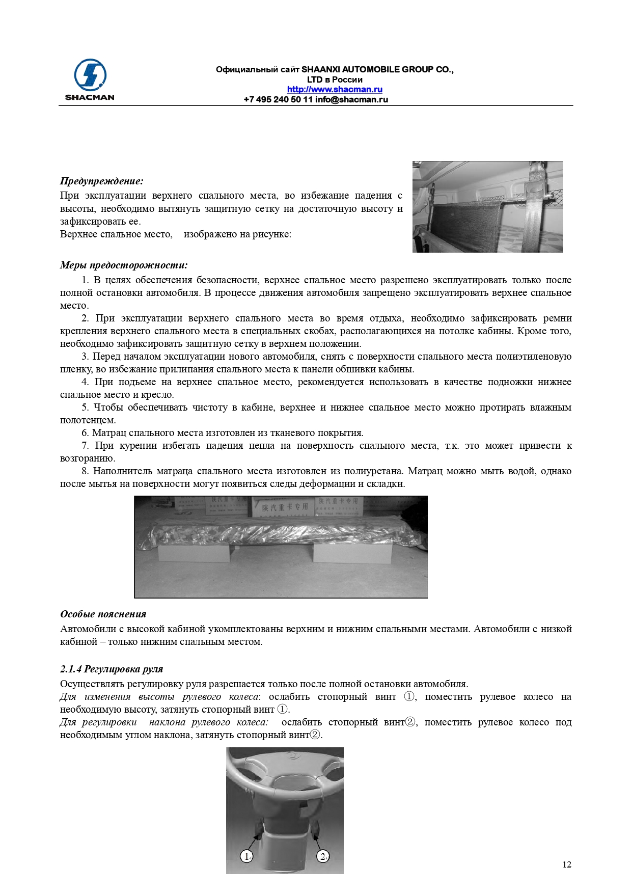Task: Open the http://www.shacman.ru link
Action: click(x=335, y=89)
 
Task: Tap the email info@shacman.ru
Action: click(x=351, y=99)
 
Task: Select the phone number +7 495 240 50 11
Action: click(x=278, y=99)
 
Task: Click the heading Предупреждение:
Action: click(x=101, y=181)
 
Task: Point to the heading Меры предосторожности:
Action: click(x=124, y=265)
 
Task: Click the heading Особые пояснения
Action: click(x=103, y=614)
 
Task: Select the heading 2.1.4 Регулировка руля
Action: click(x=112, y=669)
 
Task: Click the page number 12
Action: click(x=567, y=864)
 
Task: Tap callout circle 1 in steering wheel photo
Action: click(x=246, y=856)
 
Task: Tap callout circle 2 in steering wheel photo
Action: click(x=323, y=856)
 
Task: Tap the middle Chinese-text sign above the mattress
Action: click(x=285, y=507)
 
